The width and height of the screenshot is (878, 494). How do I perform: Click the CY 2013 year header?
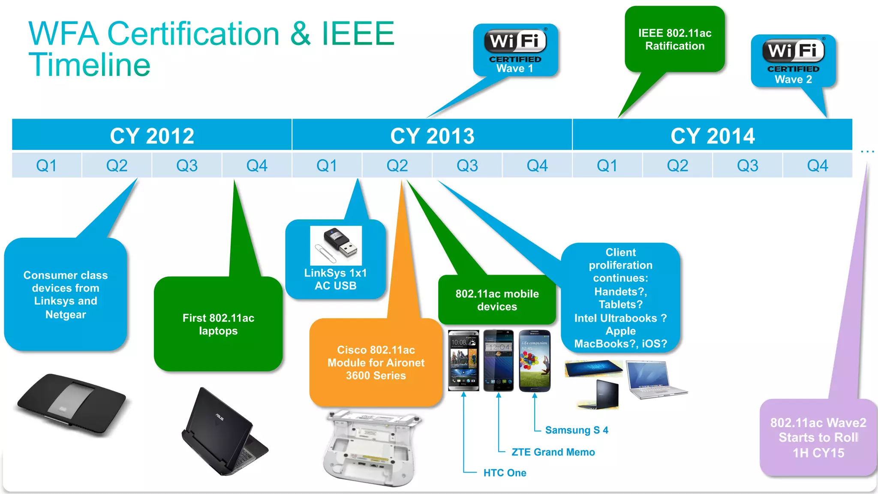point(432,135)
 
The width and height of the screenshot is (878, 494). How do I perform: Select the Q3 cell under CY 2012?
point(186,165)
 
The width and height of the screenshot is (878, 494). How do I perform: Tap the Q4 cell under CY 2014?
point(817,165)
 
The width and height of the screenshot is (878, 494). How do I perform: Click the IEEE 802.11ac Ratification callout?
point(674,39)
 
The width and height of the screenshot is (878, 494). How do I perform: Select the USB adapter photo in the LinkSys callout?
point(336,246)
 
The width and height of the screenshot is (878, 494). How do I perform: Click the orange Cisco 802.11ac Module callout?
point(376,362)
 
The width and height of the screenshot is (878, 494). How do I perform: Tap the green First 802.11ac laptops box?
point(218,324)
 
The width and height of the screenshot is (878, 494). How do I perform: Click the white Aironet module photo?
point(371,448)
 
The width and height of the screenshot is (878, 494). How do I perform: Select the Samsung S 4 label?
point(576,430)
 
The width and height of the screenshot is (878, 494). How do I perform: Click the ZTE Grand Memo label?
point(553,452)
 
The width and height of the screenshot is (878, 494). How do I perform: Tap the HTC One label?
point(505,473)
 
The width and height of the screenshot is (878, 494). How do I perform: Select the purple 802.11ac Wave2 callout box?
point(818,438)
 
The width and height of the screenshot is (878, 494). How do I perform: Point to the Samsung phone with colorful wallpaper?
point(535,361)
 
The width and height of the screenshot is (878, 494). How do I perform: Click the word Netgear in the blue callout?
point(66,314)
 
